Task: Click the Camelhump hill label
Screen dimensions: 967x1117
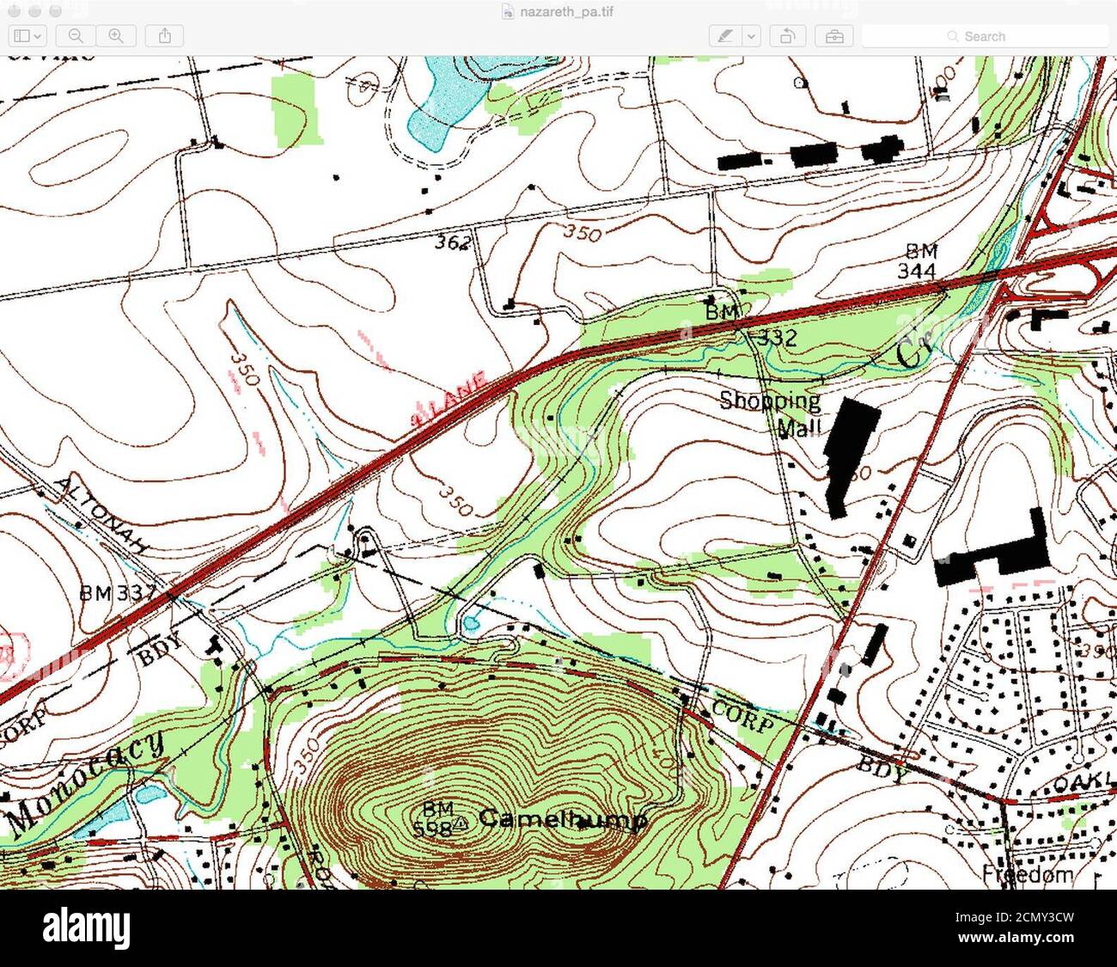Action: (563, 818)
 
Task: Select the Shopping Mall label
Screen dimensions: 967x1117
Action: (770, 413)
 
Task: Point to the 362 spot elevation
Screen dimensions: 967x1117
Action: (452, 242)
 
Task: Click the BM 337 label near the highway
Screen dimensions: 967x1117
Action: (116, 592)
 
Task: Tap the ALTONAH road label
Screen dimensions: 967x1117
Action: (102, 513)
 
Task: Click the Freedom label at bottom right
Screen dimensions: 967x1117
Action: (1028, 875)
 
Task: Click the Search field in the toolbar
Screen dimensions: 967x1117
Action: (985, 36)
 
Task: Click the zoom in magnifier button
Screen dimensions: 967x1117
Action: (116, 36)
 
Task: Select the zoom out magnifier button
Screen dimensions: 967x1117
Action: (76, 36)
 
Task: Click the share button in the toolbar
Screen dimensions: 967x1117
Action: (165, 36)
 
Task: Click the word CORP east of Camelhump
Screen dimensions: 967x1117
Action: (743, 718)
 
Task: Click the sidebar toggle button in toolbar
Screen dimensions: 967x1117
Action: (27, 36)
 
